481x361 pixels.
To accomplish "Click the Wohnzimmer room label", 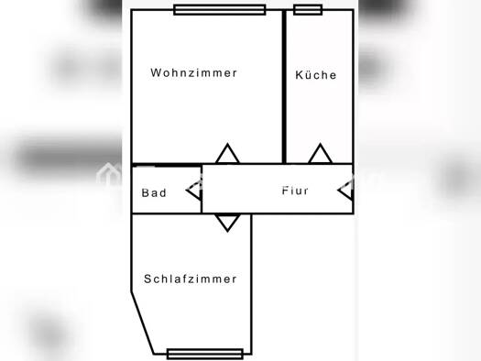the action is coord(194,72).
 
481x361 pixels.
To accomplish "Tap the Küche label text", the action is coord(316,74).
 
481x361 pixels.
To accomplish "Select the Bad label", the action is coord(154,193).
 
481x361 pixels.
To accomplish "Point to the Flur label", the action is coord(295,191).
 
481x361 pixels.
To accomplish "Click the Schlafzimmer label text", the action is coord(191,279).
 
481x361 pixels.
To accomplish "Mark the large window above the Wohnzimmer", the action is coord(219,10).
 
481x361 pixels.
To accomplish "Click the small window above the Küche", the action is coord(308,10).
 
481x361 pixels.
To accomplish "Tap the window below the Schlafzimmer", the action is coord(205,354).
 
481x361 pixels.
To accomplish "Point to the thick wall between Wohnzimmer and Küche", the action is coord(284,87).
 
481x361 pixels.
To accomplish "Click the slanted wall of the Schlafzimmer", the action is coord(142,323).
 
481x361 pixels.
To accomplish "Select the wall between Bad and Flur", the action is coord(202,190).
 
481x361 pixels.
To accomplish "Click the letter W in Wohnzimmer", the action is coord(155,72).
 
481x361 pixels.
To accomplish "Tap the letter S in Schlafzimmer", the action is coord(148,279).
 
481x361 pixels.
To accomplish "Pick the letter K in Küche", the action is coord(299,75).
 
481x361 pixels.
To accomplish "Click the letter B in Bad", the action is coord(145,193).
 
